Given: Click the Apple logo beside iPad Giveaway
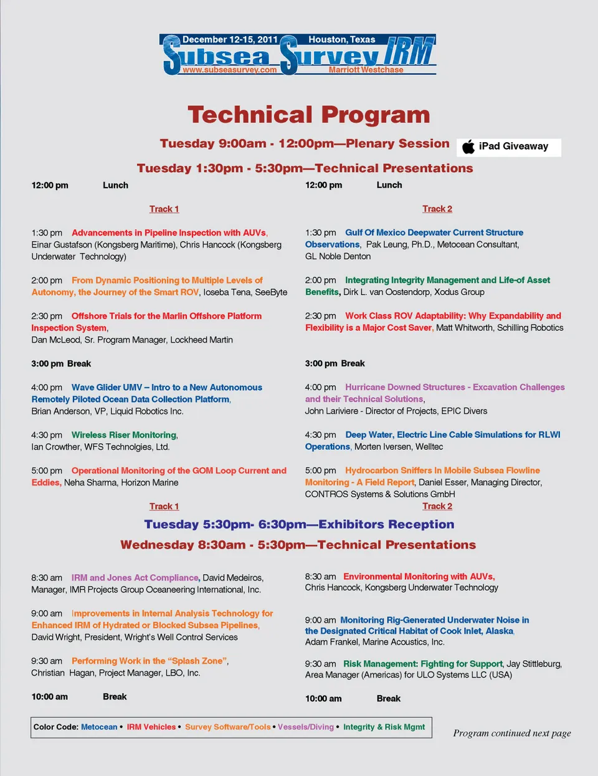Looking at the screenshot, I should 468,146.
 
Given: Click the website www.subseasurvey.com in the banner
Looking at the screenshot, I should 229,70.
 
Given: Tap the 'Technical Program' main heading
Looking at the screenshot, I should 309,115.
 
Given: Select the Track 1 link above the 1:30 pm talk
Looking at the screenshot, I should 164,209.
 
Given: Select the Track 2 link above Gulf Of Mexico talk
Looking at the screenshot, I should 437,209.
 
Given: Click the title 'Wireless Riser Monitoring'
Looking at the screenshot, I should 124,435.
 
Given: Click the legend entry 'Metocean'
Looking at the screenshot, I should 99,727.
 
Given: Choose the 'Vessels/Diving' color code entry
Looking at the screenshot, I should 306,727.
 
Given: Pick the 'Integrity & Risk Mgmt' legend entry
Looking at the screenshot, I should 384,727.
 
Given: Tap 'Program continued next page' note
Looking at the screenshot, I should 512,733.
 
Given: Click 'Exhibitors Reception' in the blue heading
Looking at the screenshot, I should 386,524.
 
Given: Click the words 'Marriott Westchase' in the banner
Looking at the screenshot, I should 366,70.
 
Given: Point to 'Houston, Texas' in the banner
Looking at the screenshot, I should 342,39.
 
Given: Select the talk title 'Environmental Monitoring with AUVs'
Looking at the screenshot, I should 419,577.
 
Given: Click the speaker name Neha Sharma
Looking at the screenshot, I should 87,482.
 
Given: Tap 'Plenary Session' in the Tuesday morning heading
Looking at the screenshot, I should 397,143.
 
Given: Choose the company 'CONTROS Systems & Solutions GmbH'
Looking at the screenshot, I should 380,494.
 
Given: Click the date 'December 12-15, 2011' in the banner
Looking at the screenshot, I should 230,39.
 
